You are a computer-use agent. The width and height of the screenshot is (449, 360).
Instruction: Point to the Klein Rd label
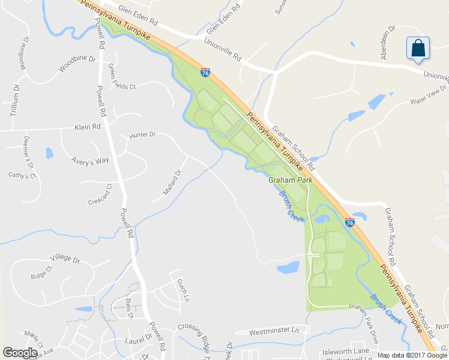tap(86, 127)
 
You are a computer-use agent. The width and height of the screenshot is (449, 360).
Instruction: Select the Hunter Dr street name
tap(142, 136)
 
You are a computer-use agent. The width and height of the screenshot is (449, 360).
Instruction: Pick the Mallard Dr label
tap(172, 184)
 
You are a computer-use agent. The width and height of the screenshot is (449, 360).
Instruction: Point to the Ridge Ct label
tap(40, 274)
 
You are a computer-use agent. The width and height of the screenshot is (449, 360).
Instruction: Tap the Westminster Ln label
tap(274, 331)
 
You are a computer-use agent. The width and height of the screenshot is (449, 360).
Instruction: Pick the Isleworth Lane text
tap(346, 350)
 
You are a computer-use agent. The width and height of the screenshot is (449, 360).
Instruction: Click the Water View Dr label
tap(429, 94)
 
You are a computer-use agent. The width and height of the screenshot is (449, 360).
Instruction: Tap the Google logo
tap(20, 353)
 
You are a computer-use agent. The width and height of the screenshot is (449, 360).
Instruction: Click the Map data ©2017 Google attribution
tap(412, 355)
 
